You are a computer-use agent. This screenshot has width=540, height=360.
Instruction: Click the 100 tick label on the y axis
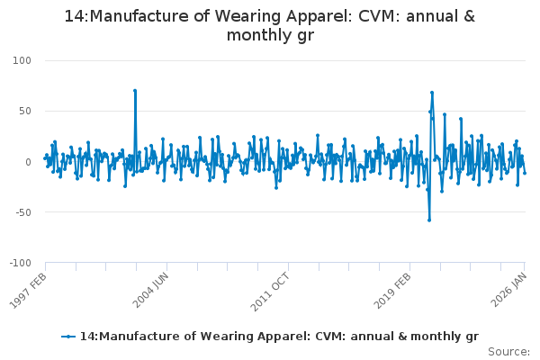[x=21, y=60]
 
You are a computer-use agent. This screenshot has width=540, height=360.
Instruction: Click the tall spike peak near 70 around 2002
[x=135, y=91]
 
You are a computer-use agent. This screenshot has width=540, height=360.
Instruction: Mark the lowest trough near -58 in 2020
[x=429, y=220]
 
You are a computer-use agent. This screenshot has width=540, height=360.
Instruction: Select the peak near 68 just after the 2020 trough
[x=432, y=93]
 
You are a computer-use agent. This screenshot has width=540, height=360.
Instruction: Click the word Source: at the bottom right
[x=509, y=351]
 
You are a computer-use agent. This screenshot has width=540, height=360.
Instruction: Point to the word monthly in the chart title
[x=262, y=36]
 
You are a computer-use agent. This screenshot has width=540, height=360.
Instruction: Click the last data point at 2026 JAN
[x=525, y=173]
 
